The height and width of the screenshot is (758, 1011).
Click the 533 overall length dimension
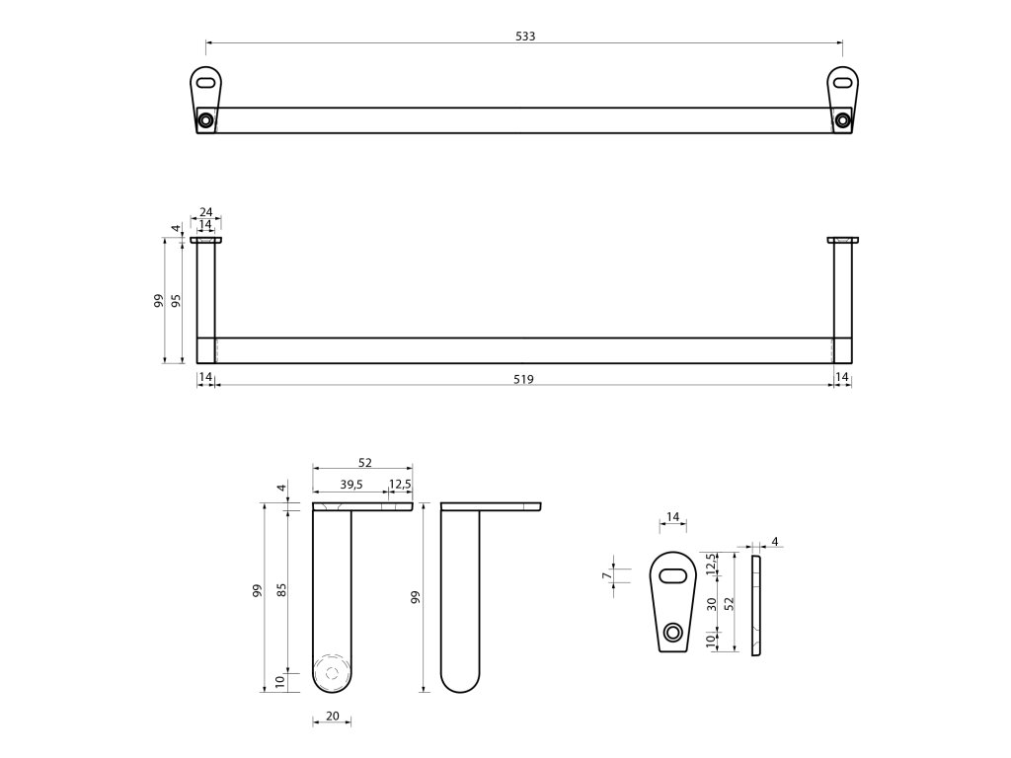tap(525, 36)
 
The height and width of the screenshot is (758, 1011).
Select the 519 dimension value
tap(523, 378)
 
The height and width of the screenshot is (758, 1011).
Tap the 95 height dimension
tap(176, 301)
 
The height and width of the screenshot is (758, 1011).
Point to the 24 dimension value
tap(206, 212)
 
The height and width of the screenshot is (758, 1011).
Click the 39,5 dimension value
tap(350, 484)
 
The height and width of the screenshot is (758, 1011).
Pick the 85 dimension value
tap(281, 589)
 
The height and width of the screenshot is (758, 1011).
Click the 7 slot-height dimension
tap(605, 575)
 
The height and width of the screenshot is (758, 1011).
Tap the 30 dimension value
tap(712, 603)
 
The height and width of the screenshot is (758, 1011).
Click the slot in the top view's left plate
tap(205, 84)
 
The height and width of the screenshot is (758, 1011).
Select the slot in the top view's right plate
tap(842, 84)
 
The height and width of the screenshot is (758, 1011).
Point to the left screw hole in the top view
tap(205, 120)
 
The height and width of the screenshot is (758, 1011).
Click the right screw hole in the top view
tap(842, 120)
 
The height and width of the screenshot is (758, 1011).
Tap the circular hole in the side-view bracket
tap(332, 673)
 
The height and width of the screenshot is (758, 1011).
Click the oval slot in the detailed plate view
tap(673, 575)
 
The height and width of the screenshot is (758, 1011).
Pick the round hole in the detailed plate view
tap(673, 632)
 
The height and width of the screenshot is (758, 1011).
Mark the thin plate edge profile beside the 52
tap(756, 605)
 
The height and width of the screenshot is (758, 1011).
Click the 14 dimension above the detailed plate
tap(673, 517)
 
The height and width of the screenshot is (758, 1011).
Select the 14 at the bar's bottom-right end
tap(842, 378)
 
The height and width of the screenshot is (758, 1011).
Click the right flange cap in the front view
tap(843, 239)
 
